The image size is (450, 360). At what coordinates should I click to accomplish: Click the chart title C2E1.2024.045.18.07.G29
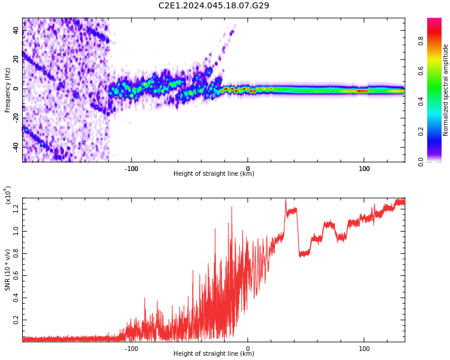point(214,5)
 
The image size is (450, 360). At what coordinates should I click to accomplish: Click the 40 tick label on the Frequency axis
point(16,30)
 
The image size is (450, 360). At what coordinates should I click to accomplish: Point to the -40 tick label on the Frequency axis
point(16,147)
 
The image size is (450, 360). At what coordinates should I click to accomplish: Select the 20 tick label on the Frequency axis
point(16,59)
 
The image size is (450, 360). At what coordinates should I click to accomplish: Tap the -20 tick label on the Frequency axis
point(16,118)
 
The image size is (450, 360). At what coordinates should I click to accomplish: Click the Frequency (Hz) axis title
point(7,90)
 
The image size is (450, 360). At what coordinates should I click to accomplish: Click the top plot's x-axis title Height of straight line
point(214,173)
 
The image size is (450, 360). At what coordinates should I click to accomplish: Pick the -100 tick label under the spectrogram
point(131,169)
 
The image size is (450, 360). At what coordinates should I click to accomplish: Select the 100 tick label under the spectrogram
point(364,169)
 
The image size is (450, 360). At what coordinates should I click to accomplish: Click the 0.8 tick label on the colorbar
point(421,41)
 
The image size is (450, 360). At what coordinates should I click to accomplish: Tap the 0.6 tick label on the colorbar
point(421,71)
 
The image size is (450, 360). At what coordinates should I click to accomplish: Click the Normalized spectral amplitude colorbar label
point(445,90)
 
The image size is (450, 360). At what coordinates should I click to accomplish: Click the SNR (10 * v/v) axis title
point(7,270)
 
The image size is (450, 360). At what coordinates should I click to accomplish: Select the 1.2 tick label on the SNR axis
point(16,209)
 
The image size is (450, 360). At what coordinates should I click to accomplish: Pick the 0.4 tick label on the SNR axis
point(16,298)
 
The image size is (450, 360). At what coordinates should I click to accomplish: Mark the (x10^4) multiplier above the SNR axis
point(8,195)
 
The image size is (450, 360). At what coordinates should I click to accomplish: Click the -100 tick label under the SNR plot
point(131,349)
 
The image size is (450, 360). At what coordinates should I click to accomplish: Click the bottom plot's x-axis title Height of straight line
point(214,353)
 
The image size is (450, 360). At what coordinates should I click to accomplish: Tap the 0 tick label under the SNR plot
point(248,349)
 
